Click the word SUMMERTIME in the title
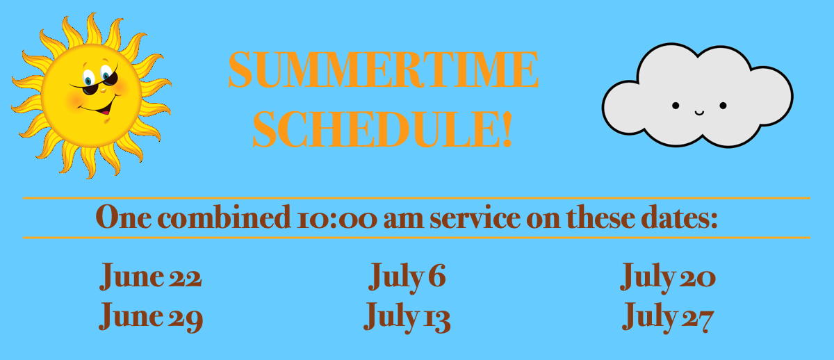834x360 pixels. (383, 69)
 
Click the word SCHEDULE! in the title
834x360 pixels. (382, 129)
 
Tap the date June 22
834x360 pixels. (150, 275)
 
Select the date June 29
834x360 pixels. (151, 316)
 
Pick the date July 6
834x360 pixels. (407, 277)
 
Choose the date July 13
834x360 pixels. (407, 317)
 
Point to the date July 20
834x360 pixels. (668, 277)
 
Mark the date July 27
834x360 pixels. (668, 317)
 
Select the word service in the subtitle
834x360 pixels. (475, 218)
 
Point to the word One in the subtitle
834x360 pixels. (124, 217)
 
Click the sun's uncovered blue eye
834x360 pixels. (88, 79)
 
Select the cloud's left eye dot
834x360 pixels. (676, 106)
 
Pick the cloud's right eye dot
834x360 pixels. (723, 106)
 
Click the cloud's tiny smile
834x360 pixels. (700, 112)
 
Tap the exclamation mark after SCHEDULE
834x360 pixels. (507, 129)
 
